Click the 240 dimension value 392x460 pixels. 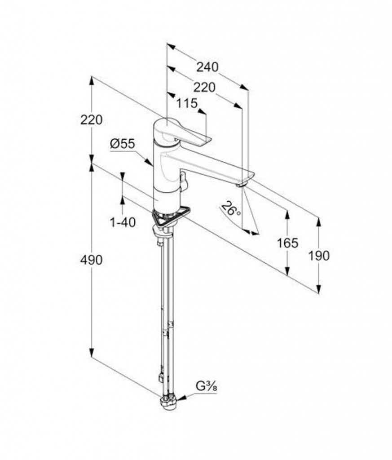click(x=207, y=66)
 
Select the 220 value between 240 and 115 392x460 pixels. click(x=204, y=87)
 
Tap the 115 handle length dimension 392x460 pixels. click(x=187, y=103)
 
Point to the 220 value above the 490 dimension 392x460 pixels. click(x=92, y=119)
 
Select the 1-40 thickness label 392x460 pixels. click(x=123, y=222)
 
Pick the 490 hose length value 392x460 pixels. click(x=92, y=260)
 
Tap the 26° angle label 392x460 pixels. click(x=231, y=208)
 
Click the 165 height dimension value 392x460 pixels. click(x=287, y=243)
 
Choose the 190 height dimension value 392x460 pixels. click(x=319, y=256)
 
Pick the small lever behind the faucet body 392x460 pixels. click(x=183, y=180)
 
